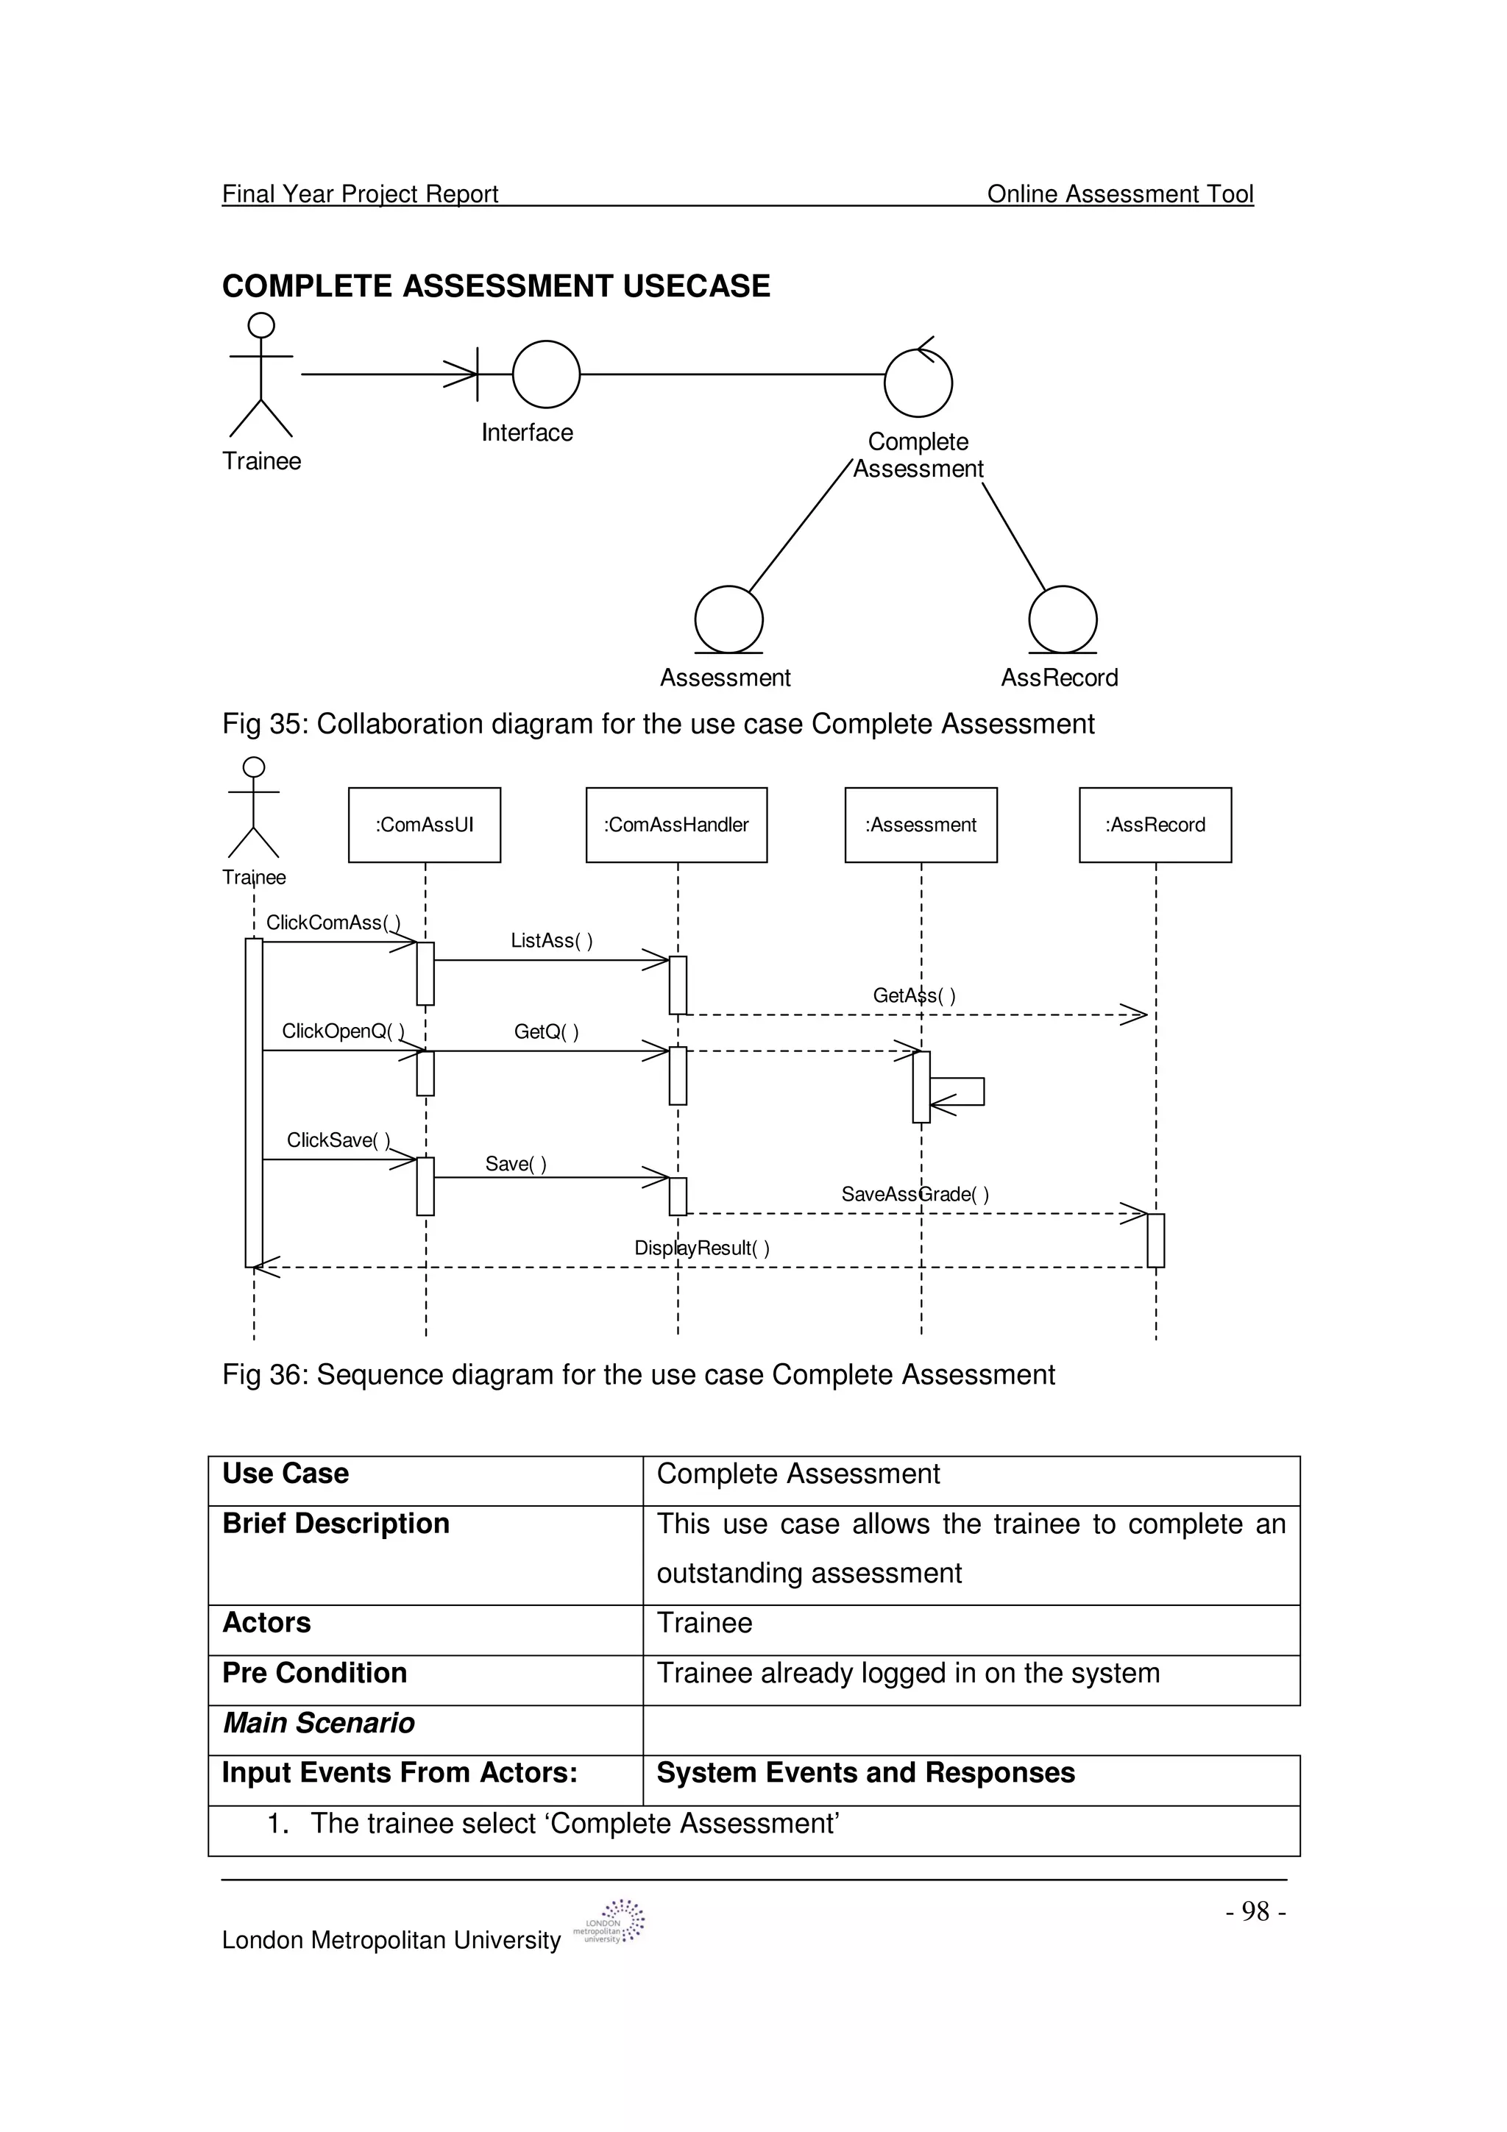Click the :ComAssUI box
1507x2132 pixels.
coord(425,825)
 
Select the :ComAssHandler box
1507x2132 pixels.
coord(676,825)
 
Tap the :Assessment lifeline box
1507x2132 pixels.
coord(921,825)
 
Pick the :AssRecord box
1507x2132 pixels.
coord(1155,825)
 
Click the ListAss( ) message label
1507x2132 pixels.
coord(552,941)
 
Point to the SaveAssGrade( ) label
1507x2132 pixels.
coord(915,1194)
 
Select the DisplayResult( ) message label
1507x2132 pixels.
coord(701,1248)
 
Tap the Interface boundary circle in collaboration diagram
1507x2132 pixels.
coord(546,374)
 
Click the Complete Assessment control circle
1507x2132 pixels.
coord(918,383)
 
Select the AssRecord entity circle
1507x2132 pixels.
coord(1063,619)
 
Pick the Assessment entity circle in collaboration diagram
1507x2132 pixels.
coord(729,619)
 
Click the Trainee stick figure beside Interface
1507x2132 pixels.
coord(261,375)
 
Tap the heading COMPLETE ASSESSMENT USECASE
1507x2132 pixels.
coord(496,286)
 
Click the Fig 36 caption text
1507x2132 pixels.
coord(638,1374)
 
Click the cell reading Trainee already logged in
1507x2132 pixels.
coord(908,1672)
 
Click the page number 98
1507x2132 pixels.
coord(1255,1911)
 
